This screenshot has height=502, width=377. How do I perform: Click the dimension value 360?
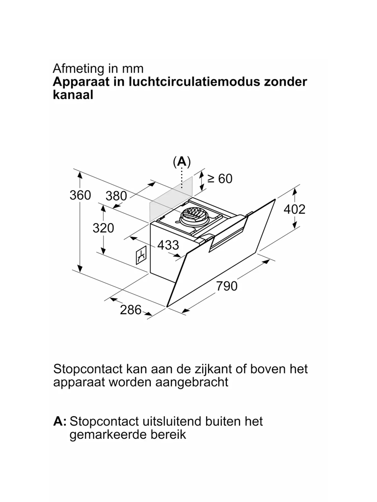80,195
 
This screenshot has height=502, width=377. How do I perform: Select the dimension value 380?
116,196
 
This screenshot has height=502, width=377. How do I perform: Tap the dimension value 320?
103,228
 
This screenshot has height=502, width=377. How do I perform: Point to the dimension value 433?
168,245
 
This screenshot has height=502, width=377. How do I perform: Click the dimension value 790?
227,286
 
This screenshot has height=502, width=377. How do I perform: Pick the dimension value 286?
131,310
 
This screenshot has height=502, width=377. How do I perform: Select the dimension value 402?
295,209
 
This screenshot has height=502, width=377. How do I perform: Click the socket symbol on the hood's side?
141,255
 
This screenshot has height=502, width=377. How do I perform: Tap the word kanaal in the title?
73,95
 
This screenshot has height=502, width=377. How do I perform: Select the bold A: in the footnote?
59,421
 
